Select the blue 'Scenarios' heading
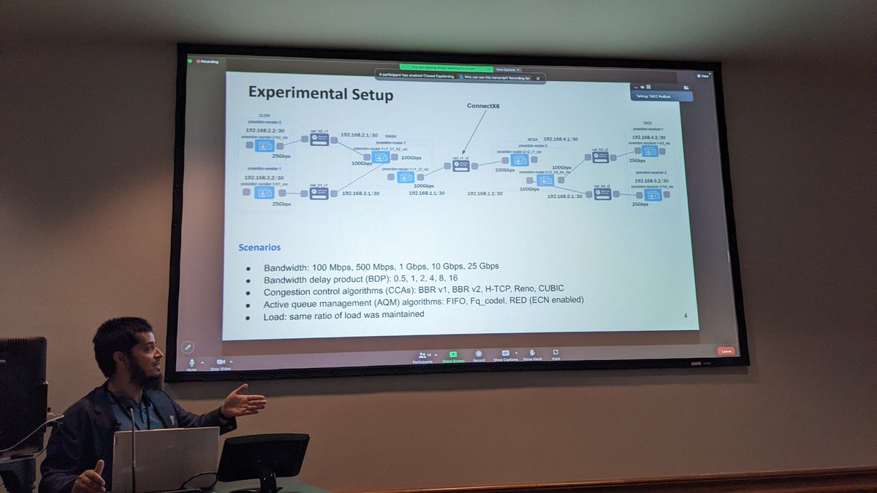(259, 248)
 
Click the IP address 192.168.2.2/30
(265, 131)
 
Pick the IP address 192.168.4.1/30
(560, 139)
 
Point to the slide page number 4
(685, 316)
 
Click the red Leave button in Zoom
(726, 351)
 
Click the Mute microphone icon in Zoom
(192, 362)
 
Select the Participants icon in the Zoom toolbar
(422, 356)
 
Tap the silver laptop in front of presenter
(165, 459)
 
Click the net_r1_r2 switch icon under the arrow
(460, 166)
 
